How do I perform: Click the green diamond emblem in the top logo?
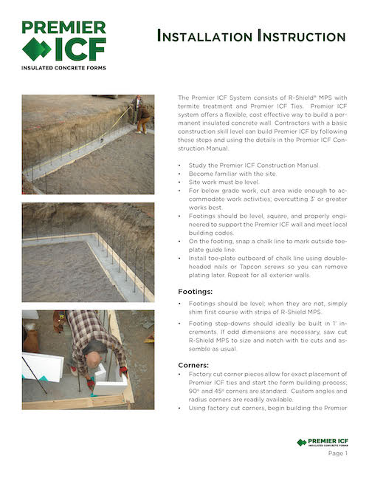[36, 49]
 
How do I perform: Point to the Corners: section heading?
[196, 364]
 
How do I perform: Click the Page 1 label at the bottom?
[337, 453]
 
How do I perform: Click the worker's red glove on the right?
[123, 370]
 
